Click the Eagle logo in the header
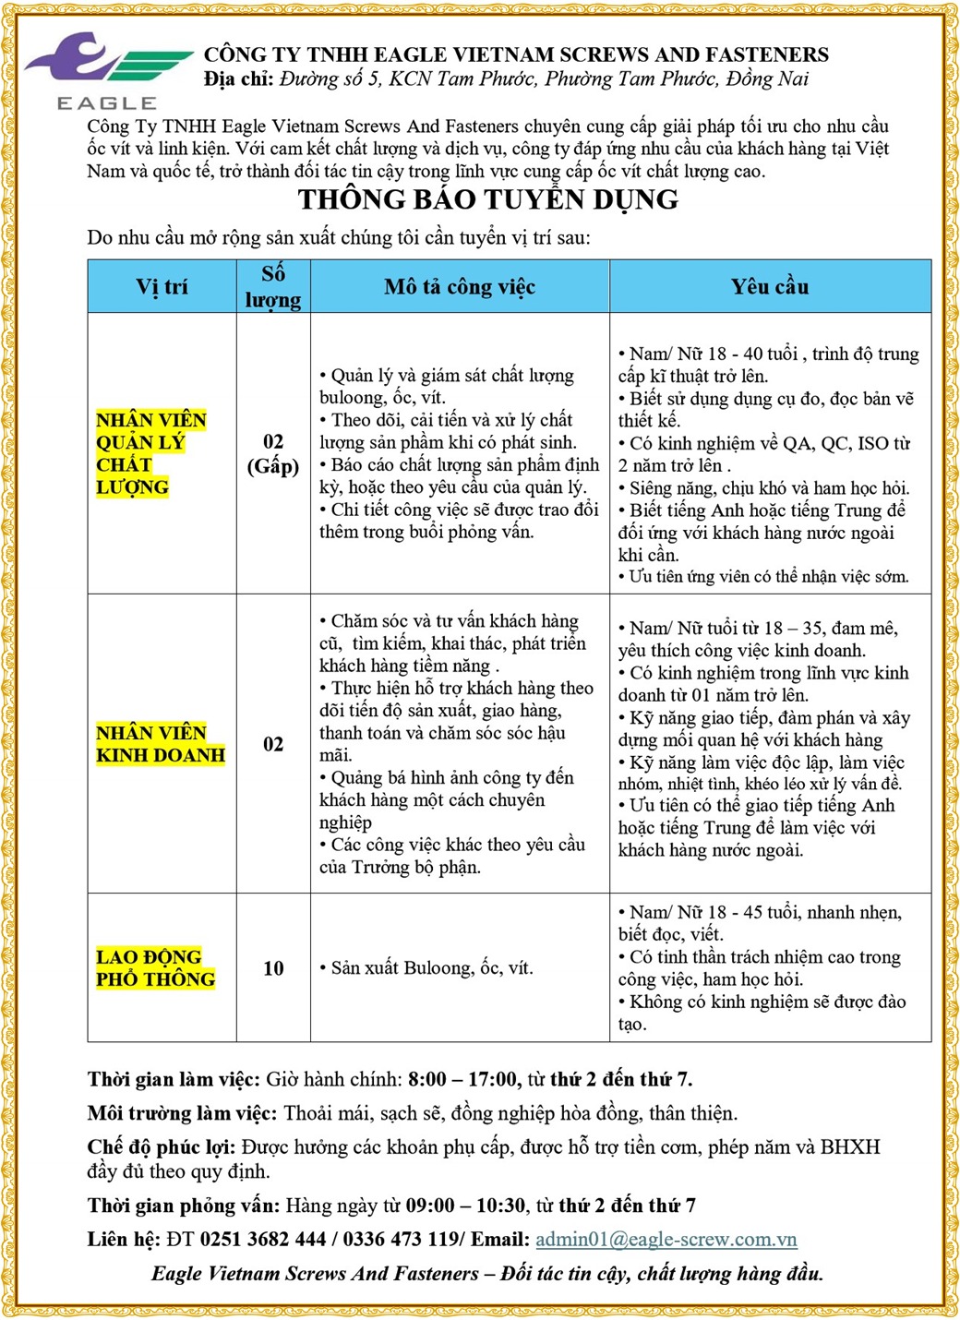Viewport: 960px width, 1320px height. tap(107, 70)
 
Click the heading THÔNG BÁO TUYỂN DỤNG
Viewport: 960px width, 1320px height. tap(488, 199)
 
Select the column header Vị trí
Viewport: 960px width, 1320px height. tap(162, 287)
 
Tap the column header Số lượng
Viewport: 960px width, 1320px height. tap(273, 287)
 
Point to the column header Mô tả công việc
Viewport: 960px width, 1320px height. tap(460, 287)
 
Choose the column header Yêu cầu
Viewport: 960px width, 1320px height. tap(770, 287)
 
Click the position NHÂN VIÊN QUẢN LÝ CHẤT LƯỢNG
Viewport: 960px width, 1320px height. tap(150, 453)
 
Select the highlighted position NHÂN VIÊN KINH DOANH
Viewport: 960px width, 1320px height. tap(161, 744)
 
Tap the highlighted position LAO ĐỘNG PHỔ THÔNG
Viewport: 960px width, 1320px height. tap(155, 968)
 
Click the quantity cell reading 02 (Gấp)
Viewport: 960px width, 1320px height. tap(273, 453)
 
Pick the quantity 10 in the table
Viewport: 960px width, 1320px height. tap(273, 968)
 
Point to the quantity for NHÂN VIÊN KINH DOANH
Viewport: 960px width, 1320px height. tap(273, 744)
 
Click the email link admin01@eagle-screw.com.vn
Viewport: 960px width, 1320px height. tap(666, 1239)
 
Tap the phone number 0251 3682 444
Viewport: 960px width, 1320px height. tap(263, 1239)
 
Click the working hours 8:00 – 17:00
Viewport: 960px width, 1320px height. tap(462, 1079)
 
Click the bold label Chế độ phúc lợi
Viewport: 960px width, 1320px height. tap(162, 1147)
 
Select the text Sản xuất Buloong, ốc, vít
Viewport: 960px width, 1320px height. tap(431, 968)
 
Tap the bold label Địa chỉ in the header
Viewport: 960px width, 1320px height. tap(238, 79)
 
